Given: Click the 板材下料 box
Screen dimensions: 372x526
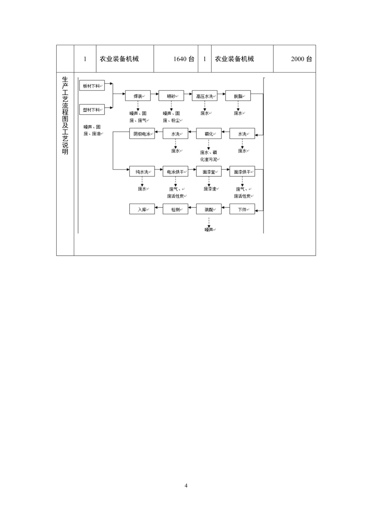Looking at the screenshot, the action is [92, 86].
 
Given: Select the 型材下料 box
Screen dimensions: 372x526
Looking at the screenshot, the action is [92, 109].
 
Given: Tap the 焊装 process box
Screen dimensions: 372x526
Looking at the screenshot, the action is [138, 96].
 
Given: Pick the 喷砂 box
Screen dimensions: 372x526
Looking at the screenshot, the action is [171, 96].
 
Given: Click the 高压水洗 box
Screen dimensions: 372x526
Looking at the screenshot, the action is [205, 96].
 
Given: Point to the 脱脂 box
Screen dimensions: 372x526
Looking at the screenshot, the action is [238, 96].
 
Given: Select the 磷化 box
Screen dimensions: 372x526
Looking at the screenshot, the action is [209, 134].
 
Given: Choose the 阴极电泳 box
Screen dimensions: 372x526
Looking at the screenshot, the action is [142, 134].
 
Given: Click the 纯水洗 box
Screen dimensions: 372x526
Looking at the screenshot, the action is [142, 172].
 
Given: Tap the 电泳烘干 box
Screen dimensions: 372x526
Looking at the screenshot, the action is [175, 172].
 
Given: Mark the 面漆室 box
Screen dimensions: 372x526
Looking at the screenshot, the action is [209, 172].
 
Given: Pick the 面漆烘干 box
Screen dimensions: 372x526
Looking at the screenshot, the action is [242, 172].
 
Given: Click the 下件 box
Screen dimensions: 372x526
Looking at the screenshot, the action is [242, 209].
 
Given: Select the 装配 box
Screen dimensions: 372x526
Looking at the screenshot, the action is [209, 209].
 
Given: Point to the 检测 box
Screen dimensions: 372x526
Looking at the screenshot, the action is [175, 209].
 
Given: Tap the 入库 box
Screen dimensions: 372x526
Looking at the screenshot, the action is [142, 209].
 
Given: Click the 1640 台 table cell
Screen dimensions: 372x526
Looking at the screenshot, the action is [176, 59].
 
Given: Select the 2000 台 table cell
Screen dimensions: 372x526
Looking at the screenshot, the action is [294, 59].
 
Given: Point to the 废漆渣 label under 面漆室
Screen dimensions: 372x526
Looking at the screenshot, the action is [210, 189].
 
